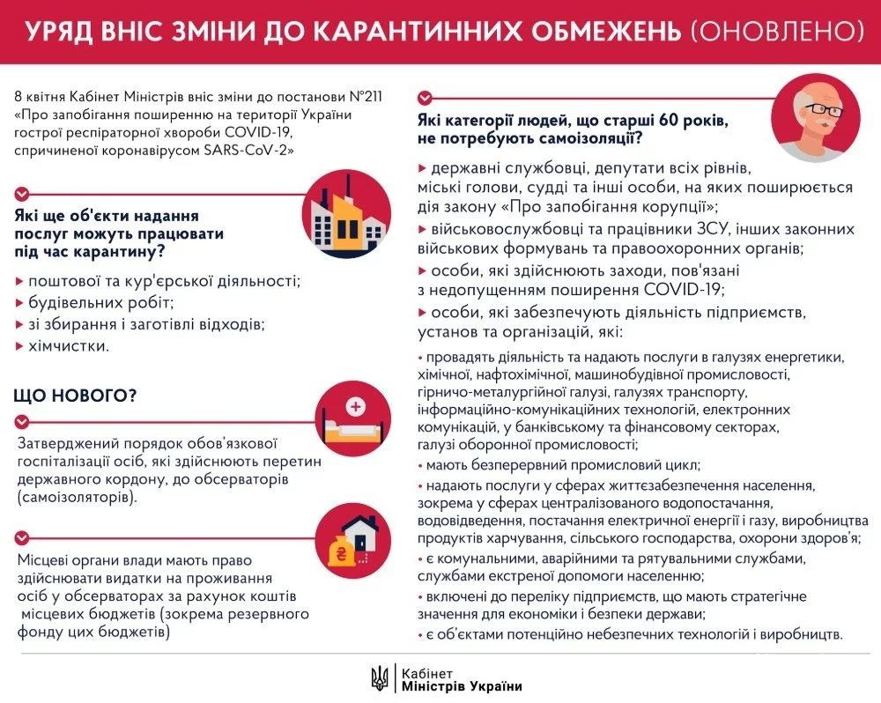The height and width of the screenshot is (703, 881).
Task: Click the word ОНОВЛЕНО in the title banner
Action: pyautogui.click(x=776, y=32)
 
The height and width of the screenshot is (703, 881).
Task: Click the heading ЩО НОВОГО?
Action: pyautogui.click(x=75, y=396)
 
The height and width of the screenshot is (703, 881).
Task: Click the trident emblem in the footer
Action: pyautogui.click(x=380, y=677)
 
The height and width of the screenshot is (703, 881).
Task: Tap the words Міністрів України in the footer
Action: pyautogui.click(x=461, y=686)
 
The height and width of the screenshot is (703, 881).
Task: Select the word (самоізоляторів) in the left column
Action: pyautogui.click(x=77, y=498)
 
